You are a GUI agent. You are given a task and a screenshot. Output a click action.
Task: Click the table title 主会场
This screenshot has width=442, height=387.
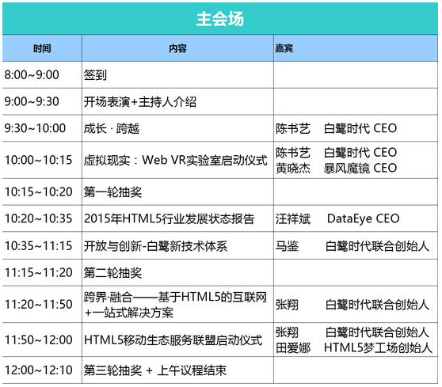pos(220,19)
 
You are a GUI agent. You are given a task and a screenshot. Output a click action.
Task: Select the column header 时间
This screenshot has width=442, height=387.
pos(42,48)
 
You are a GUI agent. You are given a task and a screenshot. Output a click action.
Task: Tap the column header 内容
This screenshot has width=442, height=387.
pos(177,48)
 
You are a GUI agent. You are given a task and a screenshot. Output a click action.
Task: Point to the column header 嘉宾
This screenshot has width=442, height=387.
pos(284,48)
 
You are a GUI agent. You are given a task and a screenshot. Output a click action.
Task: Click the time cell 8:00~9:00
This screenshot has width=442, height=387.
pos(32,75)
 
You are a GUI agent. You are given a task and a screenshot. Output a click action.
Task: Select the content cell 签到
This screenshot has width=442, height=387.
pos(95,75)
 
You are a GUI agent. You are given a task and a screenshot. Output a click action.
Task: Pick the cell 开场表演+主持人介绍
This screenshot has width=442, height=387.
pos(140,101)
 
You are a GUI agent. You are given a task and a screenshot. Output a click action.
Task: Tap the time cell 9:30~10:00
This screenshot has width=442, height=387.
pos(35,128)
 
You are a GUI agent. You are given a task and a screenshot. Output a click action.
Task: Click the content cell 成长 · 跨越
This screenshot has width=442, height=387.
pos(112,129)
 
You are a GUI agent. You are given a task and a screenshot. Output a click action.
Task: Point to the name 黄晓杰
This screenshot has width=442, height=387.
pos(293,169)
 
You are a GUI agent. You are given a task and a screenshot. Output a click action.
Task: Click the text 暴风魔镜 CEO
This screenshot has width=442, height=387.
pos(360,169)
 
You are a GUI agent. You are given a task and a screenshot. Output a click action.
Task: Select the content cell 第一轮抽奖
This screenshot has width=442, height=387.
pos(112,192)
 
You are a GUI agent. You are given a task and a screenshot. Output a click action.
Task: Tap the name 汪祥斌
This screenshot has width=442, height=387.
pos(293,219)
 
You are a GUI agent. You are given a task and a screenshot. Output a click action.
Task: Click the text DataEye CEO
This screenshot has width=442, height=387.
pos(364,219)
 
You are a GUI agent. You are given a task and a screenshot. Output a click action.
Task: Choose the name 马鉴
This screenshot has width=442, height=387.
pos(287,246)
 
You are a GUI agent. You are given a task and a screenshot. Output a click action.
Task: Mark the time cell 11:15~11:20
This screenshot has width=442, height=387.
pos(39,273)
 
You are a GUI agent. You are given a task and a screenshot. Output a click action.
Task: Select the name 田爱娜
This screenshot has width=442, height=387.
pos(293,348)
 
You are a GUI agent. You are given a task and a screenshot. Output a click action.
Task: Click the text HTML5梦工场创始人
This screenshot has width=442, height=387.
pos(379,348)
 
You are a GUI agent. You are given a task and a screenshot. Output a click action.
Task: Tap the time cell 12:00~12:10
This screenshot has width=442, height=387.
pos(39,370)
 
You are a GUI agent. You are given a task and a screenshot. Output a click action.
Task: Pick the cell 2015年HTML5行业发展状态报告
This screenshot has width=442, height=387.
pos(170,219)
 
